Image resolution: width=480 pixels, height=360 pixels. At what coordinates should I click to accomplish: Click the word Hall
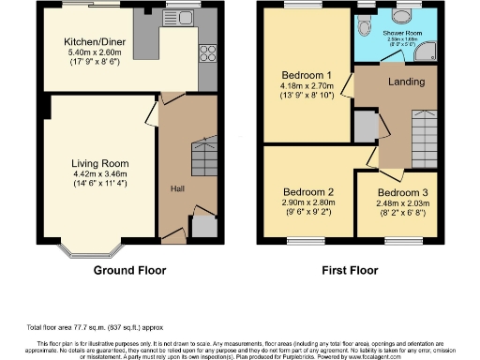[176, 189]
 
